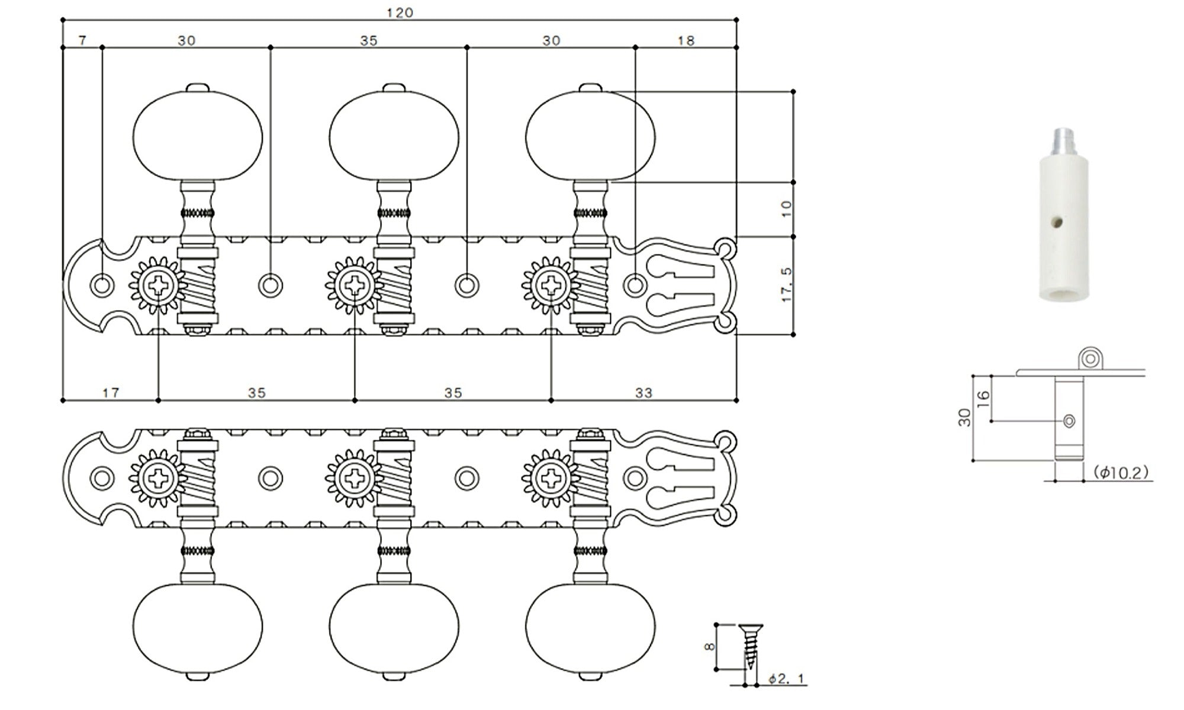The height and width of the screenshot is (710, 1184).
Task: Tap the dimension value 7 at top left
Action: tap(82, 40)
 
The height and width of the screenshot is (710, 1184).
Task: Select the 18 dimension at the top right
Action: tap(686, 40)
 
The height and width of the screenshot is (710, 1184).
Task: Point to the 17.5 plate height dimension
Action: tap(787, 285)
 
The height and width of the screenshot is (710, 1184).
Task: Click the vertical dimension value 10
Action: tap(787, 208)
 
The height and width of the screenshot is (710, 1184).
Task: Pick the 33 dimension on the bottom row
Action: tap(644, 392)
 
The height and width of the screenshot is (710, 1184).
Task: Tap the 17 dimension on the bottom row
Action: tap(111, 392)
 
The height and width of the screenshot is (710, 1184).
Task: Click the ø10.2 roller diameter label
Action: tap(1121, 472)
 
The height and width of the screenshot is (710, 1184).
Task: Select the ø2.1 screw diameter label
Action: tap(787, 679)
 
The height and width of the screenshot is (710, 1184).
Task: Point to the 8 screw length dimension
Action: tap(709, 647)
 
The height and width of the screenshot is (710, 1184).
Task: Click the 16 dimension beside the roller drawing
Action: tap(983, 398)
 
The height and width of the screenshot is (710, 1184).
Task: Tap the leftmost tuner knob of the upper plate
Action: tap(197, 136)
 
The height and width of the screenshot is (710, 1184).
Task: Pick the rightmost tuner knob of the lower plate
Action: tap(590, 628)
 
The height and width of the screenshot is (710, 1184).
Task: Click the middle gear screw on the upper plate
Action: tap(355, 285)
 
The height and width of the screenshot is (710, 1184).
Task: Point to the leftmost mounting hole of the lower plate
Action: tap(102, 477)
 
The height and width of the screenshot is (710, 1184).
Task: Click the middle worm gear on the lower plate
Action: tap(393, 477)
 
